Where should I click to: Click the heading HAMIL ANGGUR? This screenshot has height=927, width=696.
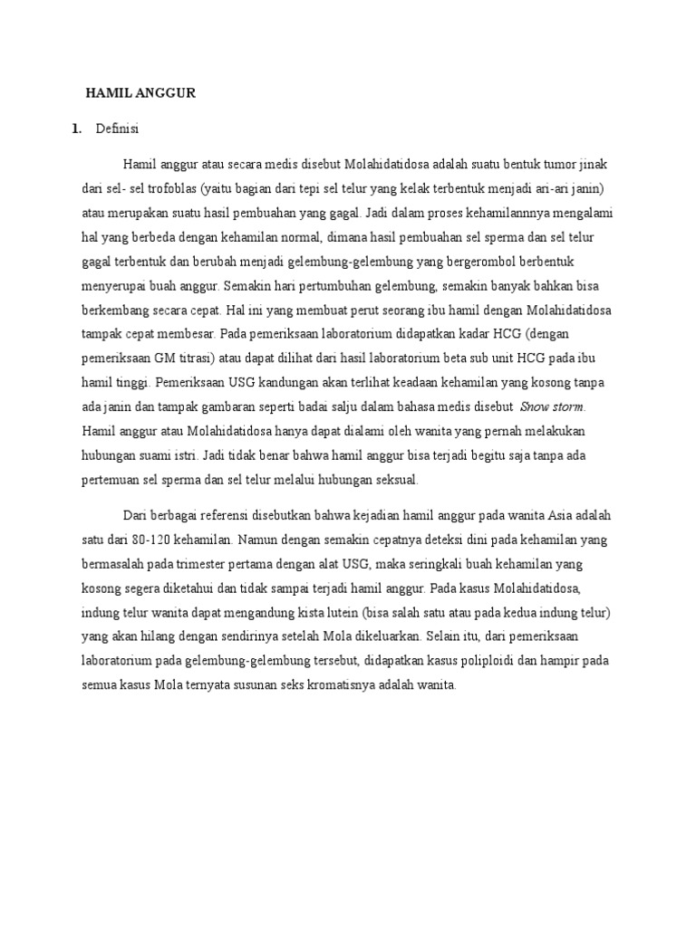140,93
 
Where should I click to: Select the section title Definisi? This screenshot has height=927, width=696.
116,129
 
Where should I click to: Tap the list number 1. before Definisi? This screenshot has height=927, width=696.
76,129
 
